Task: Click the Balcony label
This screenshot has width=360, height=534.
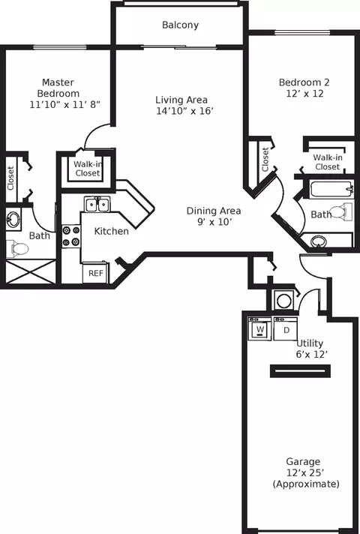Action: (x=180, y=25)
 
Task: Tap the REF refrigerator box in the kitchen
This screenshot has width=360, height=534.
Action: (x=96, y=272)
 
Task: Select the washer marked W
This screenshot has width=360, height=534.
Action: (x=259, y=329)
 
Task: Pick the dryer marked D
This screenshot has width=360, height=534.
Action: (x=286, y=329)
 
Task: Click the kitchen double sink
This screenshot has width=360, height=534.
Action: (x=97, y=205)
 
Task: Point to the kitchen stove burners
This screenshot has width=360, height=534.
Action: (x=70, y=236)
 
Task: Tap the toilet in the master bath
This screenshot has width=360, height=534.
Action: (x=16, y=248)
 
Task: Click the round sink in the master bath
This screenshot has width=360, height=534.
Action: (x=13, y=218)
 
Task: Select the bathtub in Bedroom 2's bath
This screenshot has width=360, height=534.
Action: (x=331, y=189)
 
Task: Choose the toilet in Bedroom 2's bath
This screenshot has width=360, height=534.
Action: (x=341, y=211)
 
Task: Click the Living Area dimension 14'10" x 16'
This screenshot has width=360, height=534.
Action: (x=185, y=111)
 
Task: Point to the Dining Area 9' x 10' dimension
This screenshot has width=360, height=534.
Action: (x=214, y=222)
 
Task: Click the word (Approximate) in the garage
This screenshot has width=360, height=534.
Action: (x=306, y=484)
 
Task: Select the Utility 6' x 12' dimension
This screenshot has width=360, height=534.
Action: (x=312, y=355)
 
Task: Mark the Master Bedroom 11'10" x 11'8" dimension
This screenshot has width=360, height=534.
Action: (x=64, y=104)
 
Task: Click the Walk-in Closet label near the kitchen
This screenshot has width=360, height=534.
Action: (x=88, y=169)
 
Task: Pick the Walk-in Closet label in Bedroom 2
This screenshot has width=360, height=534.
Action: (x=328, y=162)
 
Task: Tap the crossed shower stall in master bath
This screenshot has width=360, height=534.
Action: (x=31, y=271)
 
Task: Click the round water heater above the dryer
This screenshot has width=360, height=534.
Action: (x=283, y=301)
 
